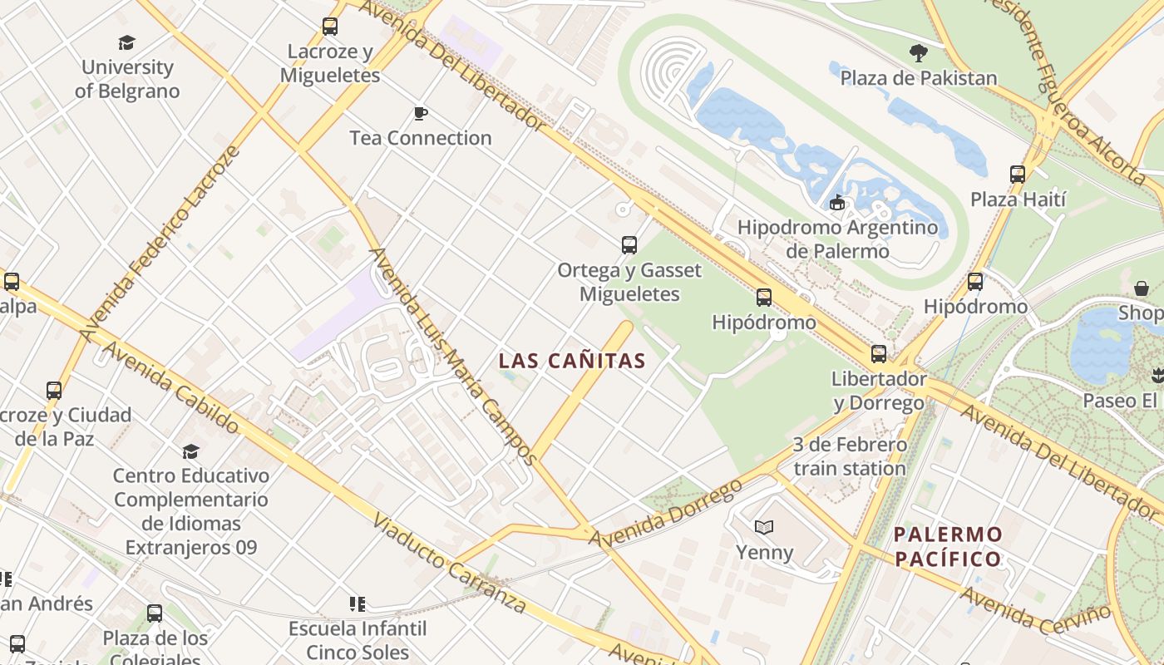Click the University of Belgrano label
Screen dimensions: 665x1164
point(127,79)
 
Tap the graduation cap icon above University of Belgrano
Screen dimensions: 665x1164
point(127,42)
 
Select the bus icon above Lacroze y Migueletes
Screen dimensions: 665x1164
point(330,27)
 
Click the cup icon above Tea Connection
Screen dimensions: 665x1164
point(421,113)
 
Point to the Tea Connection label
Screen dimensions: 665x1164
point(421,138)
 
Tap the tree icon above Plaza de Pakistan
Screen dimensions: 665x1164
point(919,53)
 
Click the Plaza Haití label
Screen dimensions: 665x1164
point(1018,199)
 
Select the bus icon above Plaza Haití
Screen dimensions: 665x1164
point(1018,175)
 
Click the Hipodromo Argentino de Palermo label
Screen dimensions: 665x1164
point(837,239)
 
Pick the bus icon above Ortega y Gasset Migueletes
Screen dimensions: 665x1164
point(629,245)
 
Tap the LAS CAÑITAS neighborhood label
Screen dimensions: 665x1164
point(572,361)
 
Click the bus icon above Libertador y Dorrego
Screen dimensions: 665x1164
point(879,354)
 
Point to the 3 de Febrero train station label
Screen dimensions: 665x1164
point(849,456)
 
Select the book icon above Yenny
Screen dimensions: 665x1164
point(764,527)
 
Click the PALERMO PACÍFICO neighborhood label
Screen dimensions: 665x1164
point(949,546)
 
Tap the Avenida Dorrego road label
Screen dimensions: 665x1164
point(665,514)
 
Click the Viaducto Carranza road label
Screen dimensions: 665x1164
point(449,563)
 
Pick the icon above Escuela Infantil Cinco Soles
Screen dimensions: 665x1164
point(358,603)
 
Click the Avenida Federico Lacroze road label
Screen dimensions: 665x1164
point(160,244)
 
